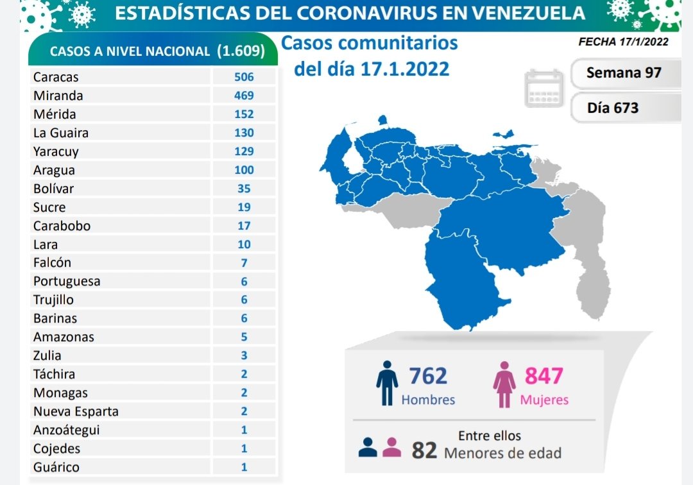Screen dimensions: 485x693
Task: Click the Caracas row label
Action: (56, 77)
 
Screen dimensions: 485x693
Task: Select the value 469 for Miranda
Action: (244, 96)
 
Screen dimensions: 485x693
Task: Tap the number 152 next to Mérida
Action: (244, 114)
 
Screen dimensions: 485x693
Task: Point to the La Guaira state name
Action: (61, 133)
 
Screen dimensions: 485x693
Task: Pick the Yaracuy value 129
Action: (244, 151)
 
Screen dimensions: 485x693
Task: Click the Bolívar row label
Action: (53, 189)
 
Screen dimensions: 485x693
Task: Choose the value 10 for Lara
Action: (244, 244)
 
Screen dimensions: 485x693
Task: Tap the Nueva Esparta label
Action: (76, 411)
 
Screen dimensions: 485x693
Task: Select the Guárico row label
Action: (56, 467)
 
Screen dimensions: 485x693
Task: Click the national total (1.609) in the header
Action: (241, 51)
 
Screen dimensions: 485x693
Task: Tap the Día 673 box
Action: (613, 108)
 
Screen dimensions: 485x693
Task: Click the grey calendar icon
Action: (544, 88)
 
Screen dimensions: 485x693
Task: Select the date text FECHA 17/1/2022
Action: (623, 42)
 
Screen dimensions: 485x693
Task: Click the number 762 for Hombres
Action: (427, 375)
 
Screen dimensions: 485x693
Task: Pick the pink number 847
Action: (544, 375)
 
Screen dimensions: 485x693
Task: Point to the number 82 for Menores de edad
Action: (424, 450)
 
